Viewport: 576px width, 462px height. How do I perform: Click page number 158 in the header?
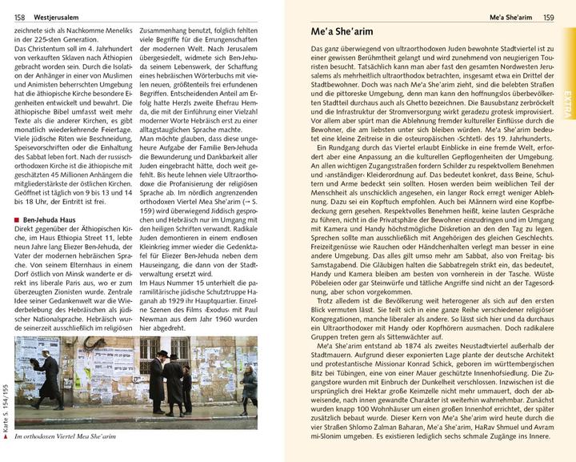point(19,16)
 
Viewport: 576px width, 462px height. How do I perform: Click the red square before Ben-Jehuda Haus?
point(18,218)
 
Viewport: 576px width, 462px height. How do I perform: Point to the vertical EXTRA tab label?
point(567,103)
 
